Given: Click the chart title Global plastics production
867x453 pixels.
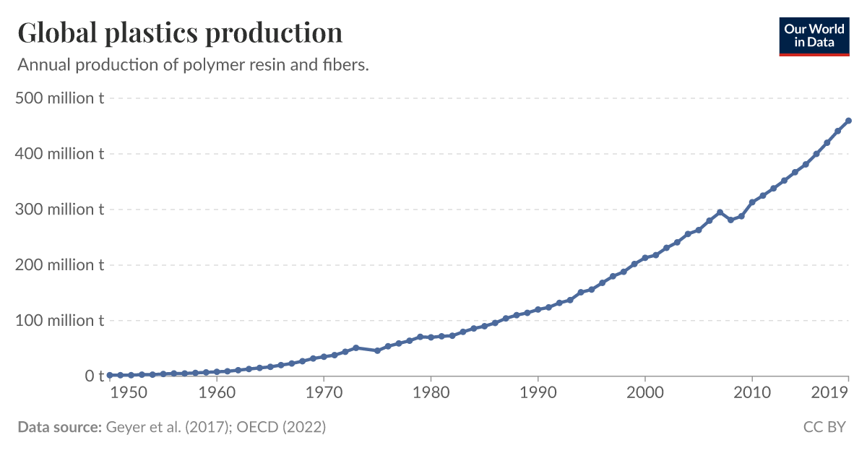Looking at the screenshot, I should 180,33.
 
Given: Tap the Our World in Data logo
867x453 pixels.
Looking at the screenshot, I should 814,34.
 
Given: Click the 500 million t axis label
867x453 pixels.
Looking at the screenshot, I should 60,98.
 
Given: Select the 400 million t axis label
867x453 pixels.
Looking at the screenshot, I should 60,154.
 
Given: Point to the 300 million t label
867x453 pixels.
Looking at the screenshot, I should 60,210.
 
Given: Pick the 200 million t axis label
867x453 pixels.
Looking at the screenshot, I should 60,265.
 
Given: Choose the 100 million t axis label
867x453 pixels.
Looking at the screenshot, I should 60,321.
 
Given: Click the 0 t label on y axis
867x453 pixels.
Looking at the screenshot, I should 95,376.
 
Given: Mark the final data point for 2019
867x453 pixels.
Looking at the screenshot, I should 848,121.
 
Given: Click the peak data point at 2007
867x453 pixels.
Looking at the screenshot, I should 720,212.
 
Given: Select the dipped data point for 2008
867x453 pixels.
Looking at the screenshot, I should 730,220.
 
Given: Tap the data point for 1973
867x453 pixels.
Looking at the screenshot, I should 355,348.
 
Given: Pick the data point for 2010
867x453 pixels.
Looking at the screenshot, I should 752,202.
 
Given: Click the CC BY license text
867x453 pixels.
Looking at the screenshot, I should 824,427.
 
